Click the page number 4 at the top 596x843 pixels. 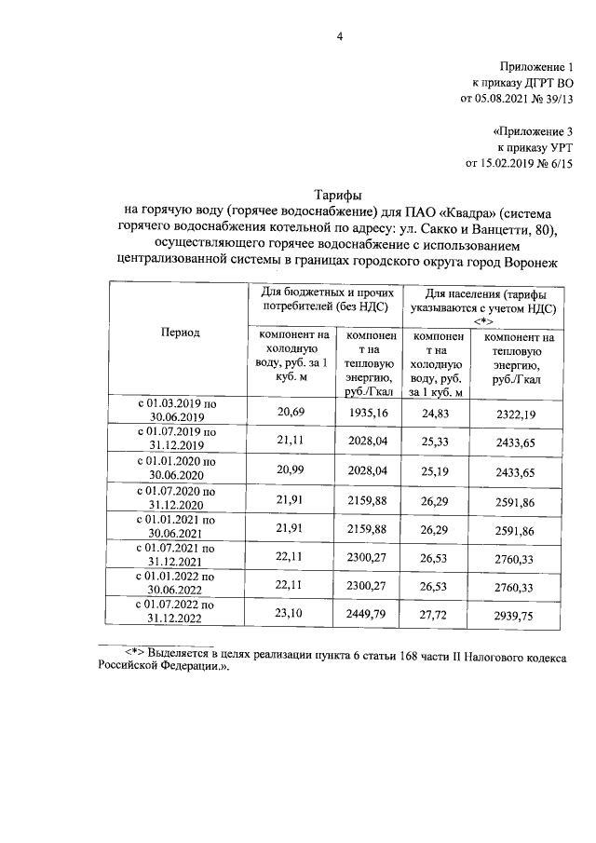pyautogui.click(x=340, y=36)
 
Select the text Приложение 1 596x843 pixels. pyautogui.click(x=538, y=67)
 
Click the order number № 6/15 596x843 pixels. pyautogui.click(x=551, y=163)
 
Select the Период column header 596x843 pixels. pyautogui.click(x=180, y=333)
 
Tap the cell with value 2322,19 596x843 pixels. pyautogui.click(x=521, y=411)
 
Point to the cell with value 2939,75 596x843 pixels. pyautogui.click(x=521, y=616)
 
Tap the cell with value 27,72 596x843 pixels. pyautogui.click(x=437, y=616)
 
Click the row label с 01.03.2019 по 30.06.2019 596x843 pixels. pyautogui.click(x=178, y=410)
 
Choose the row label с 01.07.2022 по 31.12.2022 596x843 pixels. pyautogui.click(x=178, y=616)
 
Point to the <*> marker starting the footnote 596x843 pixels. pyautogui.click(x=137, y=655)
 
